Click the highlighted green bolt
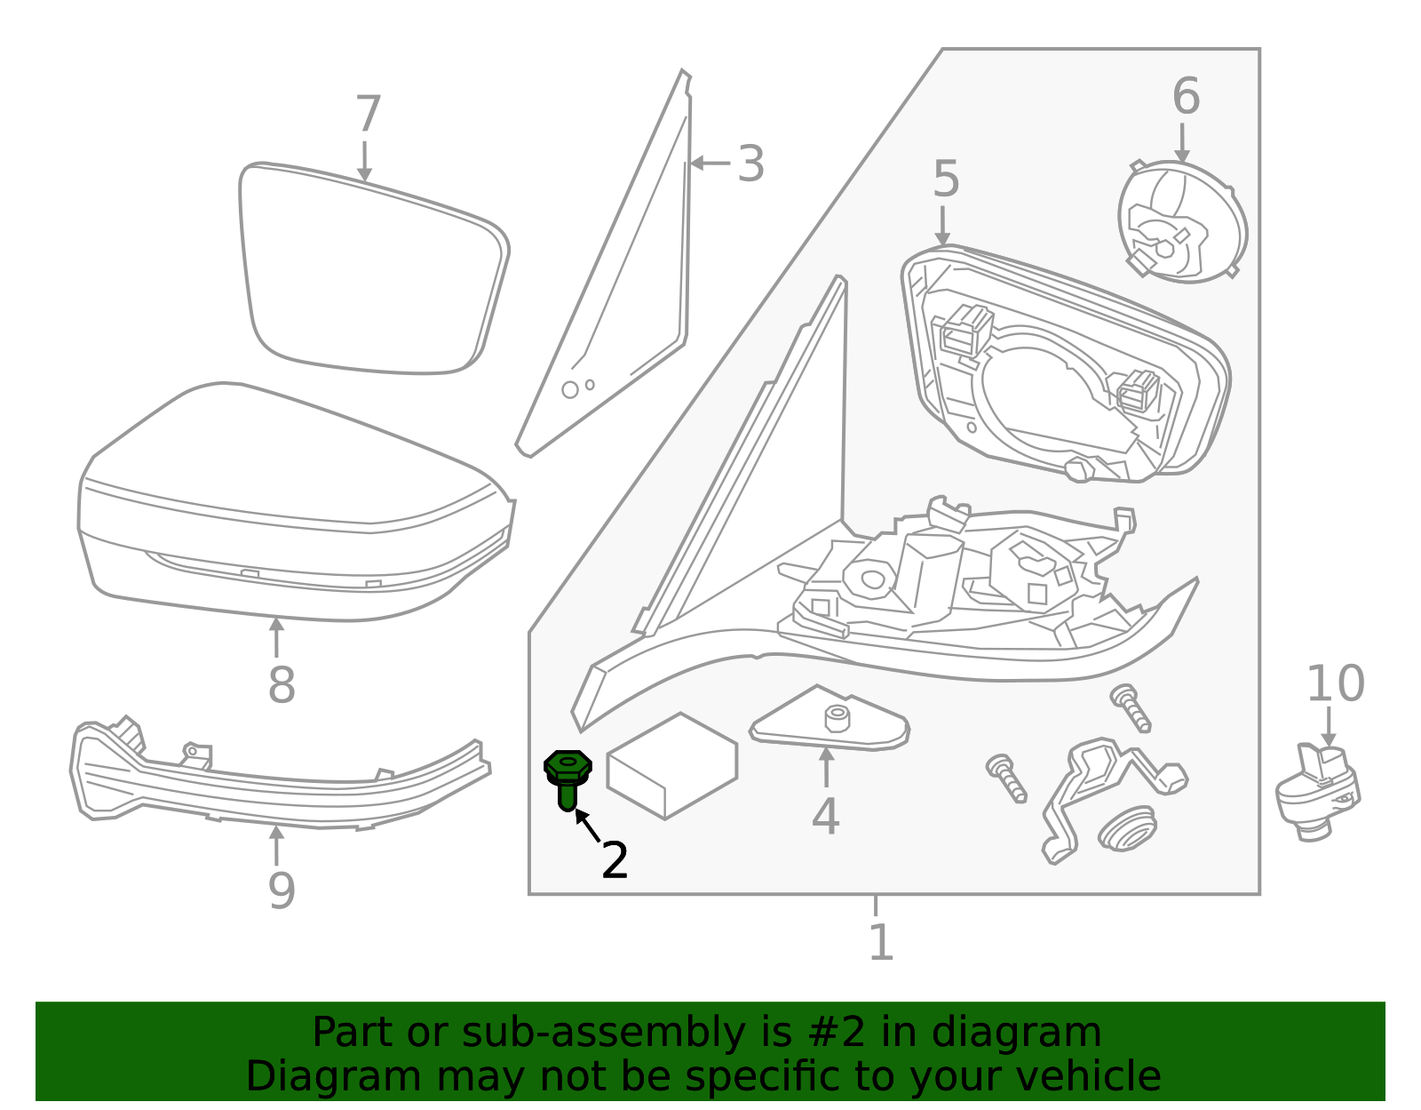tap(568, 777)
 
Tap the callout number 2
tap(615, 860)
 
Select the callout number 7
tap(368, 116)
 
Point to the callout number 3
tap(750, 164)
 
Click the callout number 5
tap(946, 180)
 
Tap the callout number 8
tap(281, 685)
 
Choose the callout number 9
tap(281, 890)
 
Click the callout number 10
tap(1335, 684)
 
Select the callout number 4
tap(825, 817)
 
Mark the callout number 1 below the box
tap(880, 943)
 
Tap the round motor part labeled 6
tap(1181, 222)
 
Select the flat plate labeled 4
tap(829, 724)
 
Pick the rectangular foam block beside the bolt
tap(671, 764)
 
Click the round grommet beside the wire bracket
tap(1127, 828)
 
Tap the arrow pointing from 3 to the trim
tap(710, 163)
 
